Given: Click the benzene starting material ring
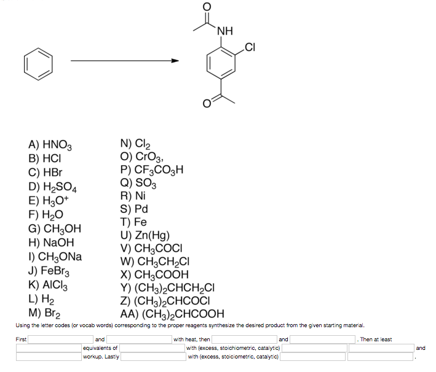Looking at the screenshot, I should coord(39,65).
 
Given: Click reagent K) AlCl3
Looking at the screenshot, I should coord(50,284).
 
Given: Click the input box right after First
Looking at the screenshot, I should coord(61,339).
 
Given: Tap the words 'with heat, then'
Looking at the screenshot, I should coord(192,339).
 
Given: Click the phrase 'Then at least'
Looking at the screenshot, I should coord(376,339).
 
